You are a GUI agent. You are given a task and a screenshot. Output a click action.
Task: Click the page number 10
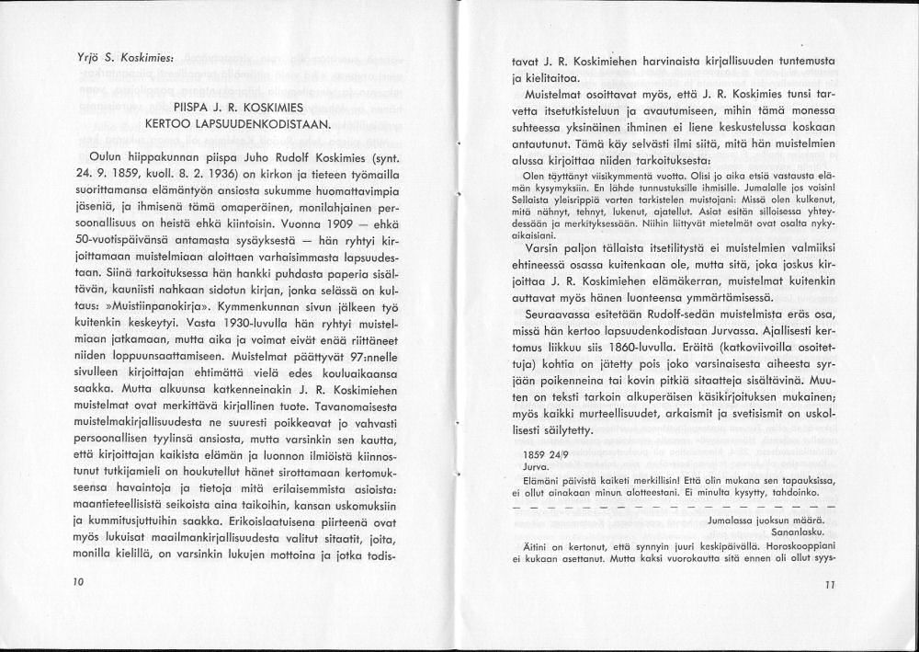(77, 582)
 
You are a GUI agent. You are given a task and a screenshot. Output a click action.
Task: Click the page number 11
(830, 584)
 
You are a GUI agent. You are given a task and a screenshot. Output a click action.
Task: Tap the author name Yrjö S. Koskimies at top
(113, 57)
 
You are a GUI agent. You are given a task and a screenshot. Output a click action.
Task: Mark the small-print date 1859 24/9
(545, 454)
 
